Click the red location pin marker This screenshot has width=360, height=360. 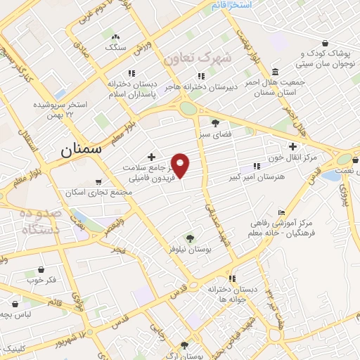point(181,165)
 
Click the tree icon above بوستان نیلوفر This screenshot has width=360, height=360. point(188,237)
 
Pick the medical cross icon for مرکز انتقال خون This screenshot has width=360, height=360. point(292,146)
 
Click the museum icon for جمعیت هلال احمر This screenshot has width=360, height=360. point(274,72)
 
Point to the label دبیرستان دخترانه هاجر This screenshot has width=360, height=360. point(201,86)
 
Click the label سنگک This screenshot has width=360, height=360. point(115,47)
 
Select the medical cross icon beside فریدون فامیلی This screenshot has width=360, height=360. point(150,157)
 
